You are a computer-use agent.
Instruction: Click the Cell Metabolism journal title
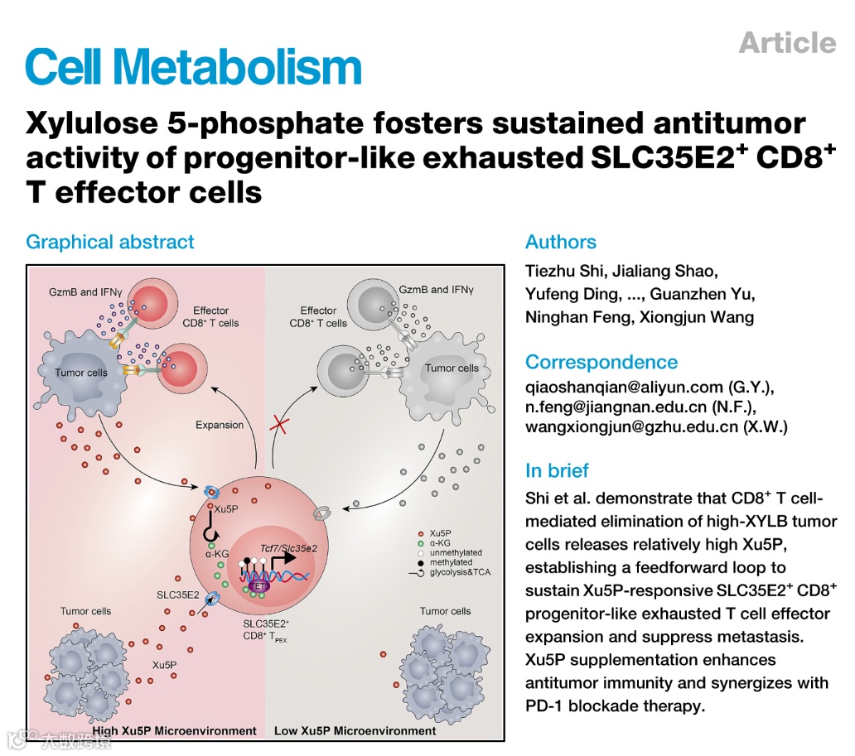[x=193, y=66]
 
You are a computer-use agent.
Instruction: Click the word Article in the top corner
[x=787, y=42]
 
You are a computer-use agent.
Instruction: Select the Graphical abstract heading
[x=110, y=243]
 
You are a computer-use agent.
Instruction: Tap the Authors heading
[x=561, y=243]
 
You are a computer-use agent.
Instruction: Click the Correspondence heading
[x=601, y=362]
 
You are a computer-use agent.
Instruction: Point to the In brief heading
[x=557, y=471]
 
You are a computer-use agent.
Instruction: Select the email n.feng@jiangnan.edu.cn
[x=616, y=407]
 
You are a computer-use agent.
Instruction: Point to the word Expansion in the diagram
[x=220, y=425]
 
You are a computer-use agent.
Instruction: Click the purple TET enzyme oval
[x=258, y=585]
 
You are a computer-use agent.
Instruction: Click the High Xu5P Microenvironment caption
[x=176, y=731]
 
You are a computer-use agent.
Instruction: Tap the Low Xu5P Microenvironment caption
[x=355, y=731]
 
